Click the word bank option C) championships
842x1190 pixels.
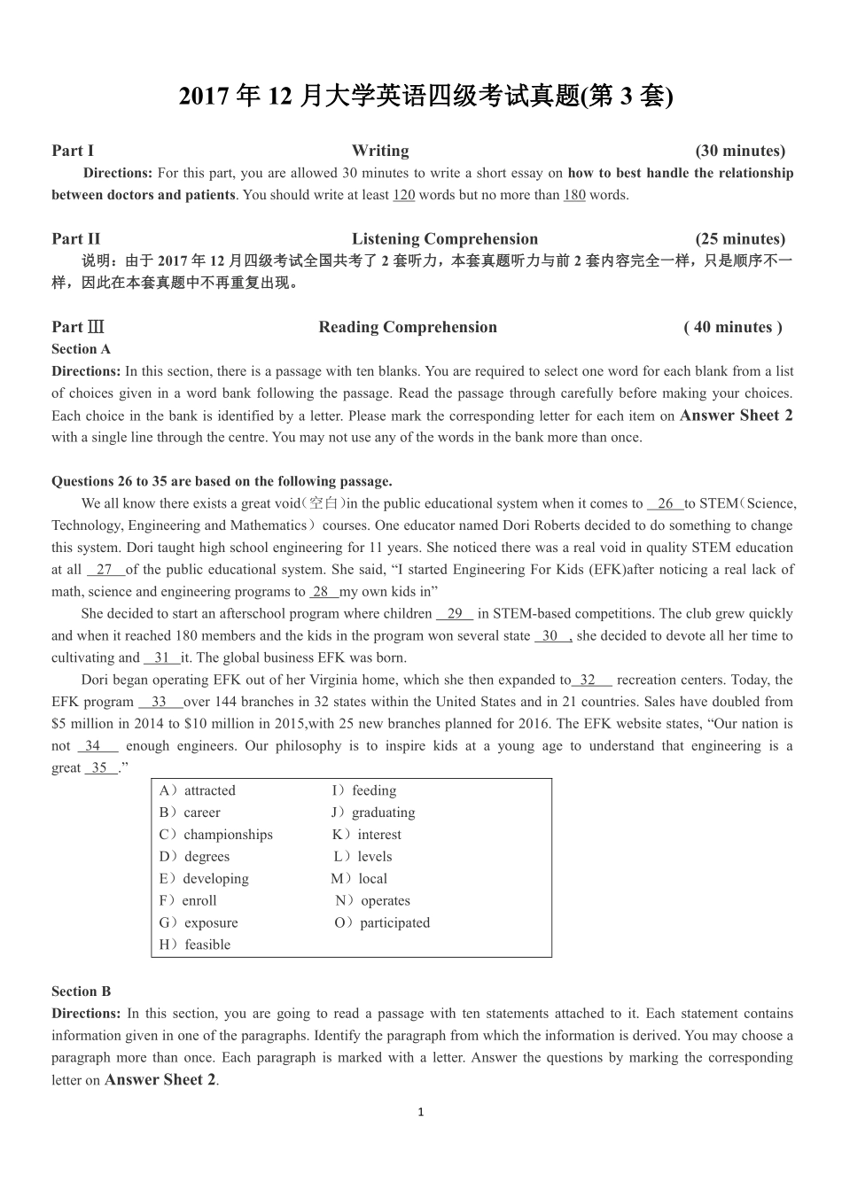pos(216,835)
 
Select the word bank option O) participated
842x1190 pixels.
pos(382,922)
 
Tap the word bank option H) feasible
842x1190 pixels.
pos(195,945)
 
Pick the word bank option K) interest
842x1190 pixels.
pos(367,835)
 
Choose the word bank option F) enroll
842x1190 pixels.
pos(188,900)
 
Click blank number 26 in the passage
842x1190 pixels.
pos(666,503)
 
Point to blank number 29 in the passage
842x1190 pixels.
pos(455,613)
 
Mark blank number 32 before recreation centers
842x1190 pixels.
pos(589,680)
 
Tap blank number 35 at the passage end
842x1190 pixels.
pos(100,767)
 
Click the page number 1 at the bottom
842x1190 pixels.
pos(421,1112)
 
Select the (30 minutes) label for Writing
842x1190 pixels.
pos(740,151)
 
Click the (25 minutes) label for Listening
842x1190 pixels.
pos(740,238)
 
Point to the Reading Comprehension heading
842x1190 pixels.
pos(408,327)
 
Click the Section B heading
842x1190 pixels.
pos(82,992)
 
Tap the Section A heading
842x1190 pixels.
pos(82,349)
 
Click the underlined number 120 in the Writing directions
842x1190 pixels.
pos(403,195)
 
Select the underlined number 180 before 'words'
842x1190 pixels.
pos(574,195)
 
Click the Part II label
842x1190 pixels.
pos(75,238)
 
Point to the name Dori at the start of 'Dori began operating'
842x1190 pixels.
pos(96,680)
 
